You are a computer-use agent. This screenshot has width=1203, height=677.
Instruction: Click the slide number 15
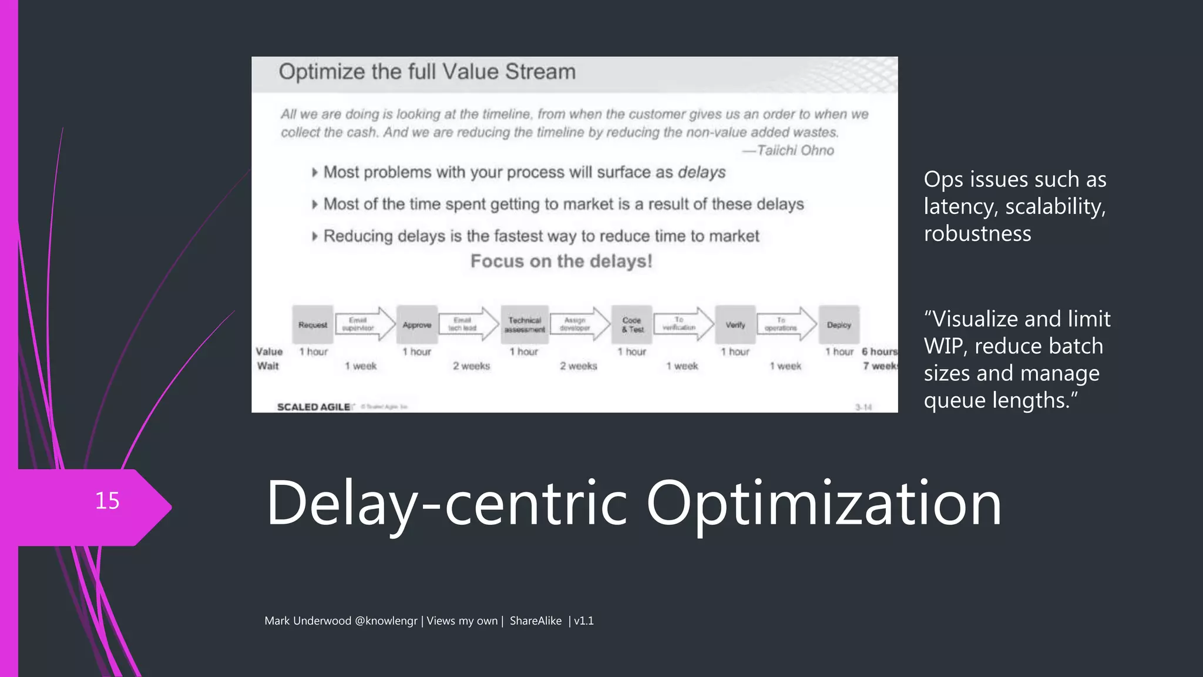pos(107,501)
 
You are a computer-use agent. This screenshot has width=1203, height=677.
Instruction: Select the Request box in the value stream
pos(312,324)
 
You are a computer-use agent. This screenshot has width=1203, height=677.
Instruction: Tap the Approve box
pos(417,324)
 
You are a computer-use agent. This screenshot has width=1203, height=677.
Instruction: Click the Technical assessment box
pos(525,324)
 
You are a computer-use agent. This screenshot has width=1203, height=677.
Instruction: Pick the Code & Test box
pos(632,324)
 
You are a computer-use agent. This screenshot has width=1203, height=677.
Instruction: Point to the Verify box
pos(735,324)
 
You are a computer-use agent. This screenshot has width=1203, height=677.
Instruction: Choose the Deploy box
pos(839,324)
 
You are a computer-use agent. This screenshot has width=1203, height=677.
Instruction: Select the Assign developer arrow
pos(578,324)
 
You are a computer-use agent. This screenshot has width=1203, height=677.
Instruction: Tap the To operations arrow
pos(784,324)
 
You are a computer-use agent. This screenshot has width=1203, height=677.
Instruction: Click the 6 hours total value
pos(879,351)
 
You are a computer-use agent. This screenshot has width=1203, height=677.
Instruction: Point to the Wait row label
pos(268,366)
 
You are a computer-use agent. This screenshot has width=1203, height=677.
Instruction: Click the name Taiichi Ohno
pos(795,150)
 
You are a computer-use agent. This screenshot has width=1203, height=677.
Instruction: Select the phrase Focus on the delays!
pos(561,261)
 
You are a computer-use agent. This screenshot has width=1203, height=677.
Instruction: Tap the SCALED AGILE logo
pos(314,407)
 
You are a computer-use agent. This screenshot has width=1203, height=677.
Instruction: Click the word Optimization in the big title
pos(824,503)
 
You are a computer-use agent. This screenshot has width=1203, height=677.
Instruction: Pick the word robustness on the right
pos(977,233)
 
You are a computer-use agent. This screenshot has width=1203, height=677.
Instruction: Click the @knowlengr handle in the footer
pos(386,621)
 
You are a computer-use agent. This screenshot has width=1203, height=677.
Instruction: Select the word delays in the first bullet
pos(701,172)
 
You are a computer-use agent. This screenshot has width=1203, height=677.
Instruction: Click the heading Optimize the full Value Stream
pos(427,72)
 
